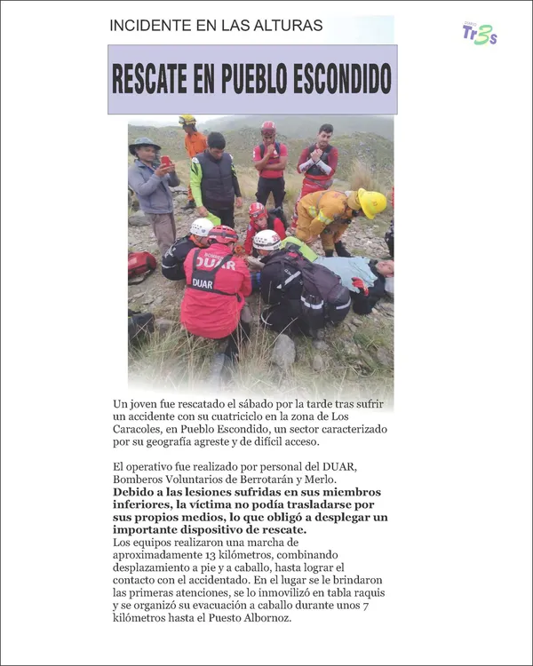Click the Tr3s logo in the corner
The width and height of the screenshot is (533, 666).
coord(479,33)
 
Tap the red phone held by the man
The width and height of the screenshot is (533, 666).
coord(166,161)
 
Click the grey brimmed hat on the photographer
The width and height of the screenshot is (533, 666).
coord(144,143)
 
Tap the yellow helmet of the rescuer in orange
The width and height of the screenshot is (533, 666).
coord(187,119)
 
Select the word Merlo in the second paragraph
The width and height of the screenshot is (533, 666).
coord(321,480)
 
